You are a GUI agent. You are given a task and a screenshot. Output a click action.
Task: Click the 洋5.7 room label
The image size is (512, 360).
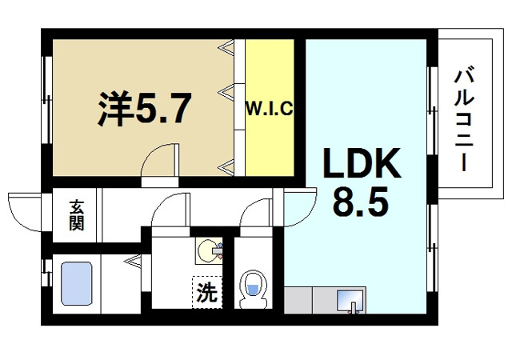[x=145, y=110]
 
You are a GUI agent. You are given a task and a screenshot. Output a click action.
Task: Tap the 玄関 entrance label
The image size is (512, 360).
[x=77, y=215]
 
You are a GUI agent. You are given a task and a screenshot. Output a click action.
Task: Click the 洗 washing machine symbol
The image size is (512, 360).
[x=206, y=292]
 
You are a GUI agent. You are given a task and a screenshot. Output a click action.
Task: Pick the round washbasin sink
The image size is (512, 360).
[x=210, y=250]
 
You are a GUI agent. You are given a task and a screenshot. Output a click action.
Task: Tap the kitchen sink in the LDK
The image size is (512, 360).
[x=350, y=302]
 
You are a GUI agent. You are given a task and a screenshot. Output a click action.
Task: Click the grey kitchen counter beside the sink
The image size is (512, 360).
[x=308, y=301]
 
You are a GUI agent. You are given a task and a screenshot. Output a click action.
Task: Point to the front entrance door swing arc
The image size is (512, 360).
[x=24, y=210]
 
